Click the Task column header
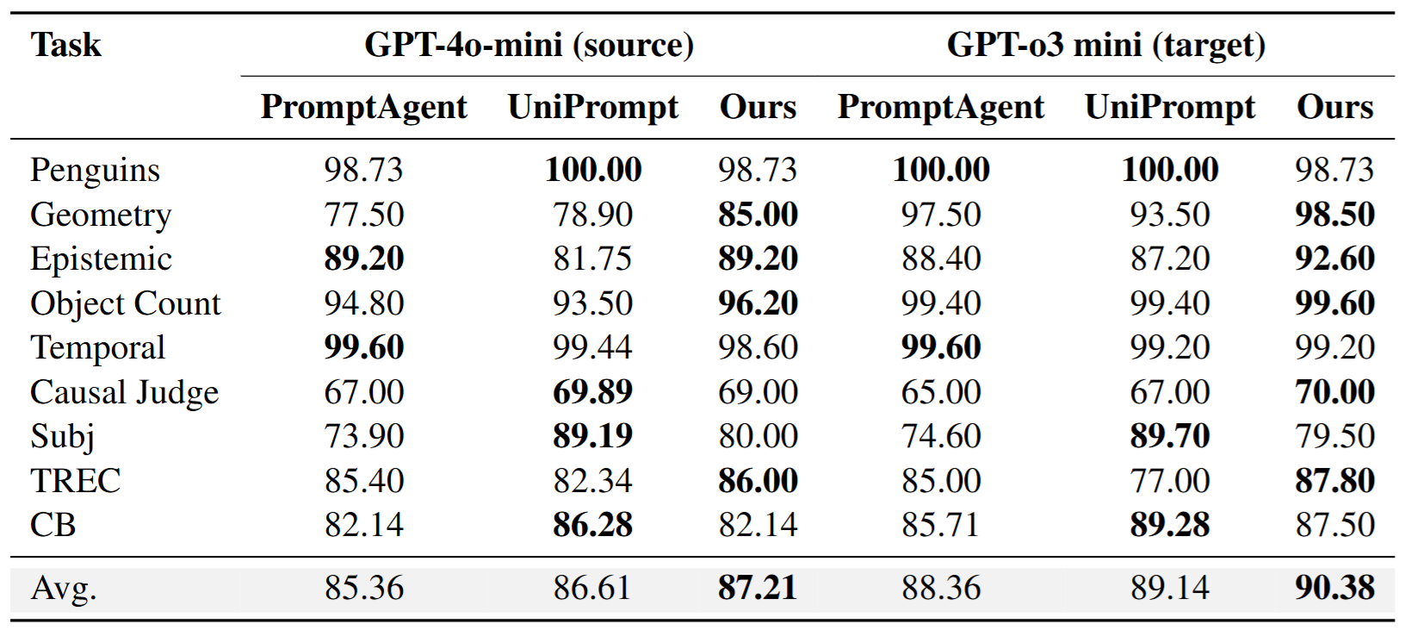(65, 45)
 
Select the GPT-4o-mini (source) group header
(529, 45)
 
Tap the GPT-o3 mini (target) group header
(1105, 45)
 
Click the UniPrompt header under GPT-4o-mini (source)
(592, 107)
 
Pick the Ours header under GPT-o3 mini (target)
(1334, 107)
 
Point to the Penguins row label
(95, 170)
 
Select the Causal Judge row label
(124, 392)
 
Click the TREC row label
(75, 481)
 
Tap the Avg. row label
(64, 588)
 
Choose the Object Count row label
(125, 303)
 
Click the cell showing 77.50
(363, 215)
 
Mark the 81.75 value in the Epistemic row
(592, 259)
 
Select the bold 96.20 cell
(758, 303)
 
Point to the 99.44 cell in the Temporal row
(592, 347)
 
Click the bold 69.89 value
(592, 392)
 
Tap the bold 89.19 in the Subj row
(592, 436)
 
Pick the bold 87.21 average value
(758, 588)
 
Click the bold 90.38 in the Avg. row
(1334, 588)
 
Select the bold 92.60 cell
(1334, 259)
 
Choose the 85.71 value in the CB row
(940, 525)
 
